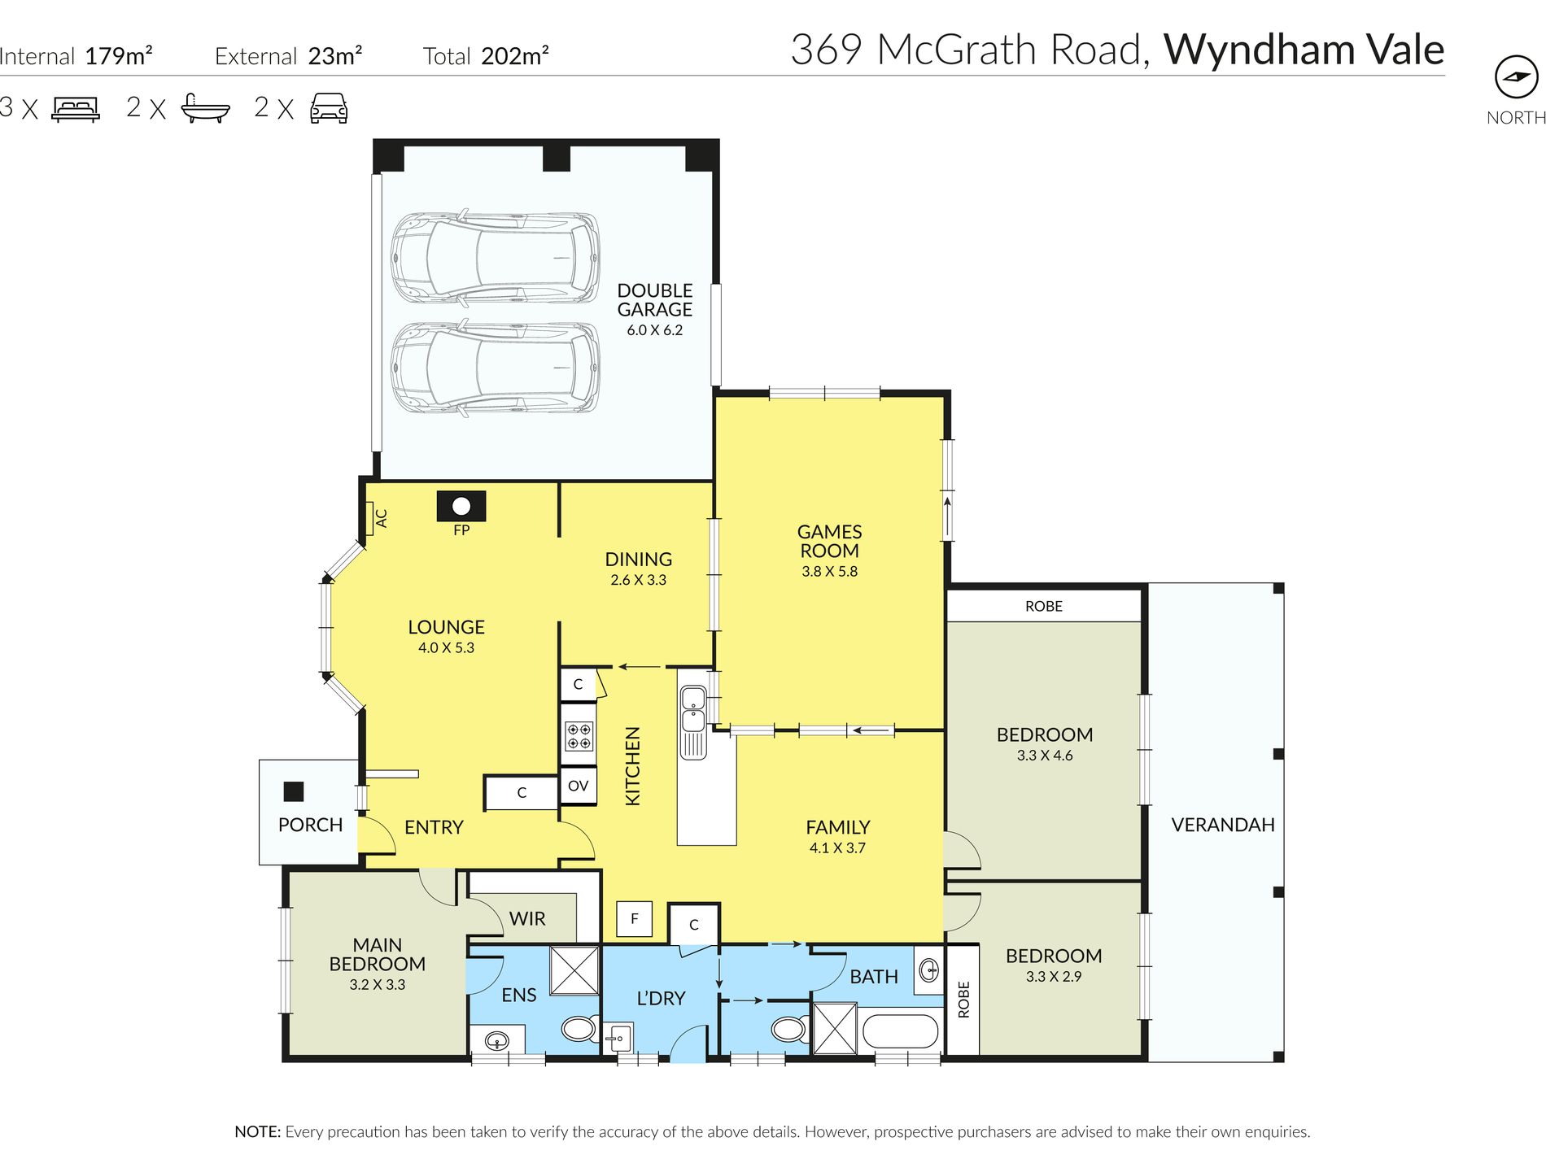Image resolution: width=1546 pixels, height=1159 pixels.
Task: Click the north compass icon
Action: [1516, 77]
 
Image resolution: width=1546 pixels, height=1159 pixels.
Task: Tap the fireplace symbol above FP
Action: [461, 506]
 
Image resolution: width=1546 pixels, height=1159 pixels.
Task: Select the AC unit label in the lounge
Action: [380, 518]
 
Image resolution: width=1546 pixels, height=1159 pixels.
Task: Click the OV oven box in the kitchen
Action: [579, 786]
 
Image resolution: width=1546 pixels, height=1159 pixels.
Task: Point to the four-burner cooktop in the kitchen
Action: [579, 736]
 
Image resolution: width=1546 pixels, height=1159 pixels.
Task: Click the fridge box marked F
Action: [634, 919]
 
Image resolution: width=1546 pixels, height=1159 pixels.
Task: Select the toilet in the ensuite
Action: [579, 1029]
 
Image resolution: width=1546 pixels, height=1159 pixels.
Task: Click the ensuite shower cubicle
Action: [574, 969]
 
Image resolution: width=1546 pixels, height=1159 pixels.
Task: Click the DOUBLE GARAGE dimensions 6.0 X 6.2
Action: [654, 330]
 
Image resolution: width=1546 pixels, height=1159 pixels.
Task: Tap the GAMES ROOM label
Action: [829, 541]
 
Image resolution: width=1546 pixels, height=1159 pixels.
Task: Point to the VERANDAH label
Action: [1223, 825]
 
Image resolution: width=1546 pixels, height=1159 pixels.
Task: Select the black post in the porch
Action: [293, 791]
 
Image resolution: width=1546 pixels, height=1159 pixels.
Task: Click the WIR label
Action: [527, 919]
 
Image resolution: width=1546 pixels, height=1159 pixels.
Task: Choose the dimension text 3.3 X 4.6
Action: [1045, 756]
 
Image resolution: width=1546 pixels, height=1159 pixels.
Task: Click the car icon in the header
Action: [329, 107]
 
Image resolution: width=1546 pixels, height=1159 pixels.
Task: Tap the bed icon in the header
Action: [76, 109]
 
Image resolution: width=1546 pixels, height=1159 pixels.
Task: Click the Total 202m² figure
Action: [486, 56]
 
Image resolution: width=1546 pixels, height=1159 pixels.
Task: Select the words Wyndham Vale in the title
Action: [1304, 50]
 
